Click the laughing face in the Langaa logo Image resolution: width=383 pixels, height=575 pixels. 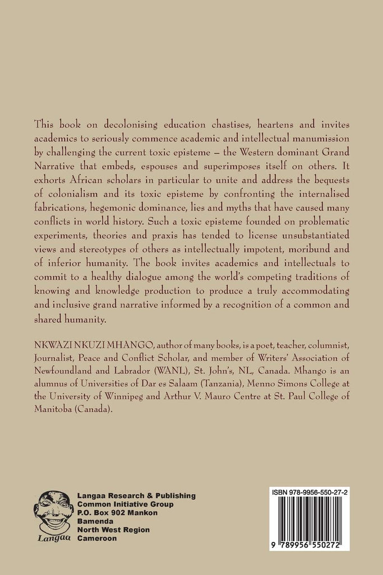point(54,509)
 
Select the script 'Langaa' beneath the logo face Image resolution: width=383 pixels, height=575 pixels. point(54,539)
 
